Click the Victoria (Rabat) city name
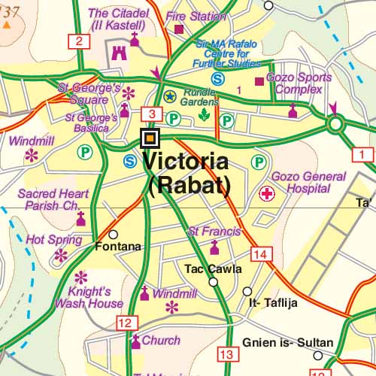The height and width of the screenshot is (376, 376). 185,172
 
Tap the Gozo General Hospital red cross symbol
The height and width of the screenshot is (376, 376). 266,195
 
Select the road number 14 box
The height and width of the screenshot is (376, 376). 261,255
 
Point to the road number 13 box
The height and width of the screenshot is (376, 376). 226,353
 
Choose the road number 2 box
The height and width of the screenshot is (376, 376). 77,41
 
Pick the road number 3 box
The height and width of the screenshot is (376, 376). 151,114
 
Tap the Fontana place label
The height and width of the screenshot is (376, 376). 118,247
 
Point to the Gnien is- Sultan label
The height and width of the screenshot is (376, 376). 287,343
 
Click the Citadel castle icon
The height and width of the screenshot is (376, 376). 118,52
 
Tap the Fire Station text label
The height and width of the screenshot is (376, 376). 196,16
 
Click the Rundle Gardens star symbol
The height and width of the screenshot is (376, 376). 170,96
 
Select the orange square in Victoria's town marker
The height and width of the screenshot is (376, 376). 150,138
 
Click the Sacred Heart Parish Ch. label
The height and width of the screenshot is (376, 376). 49,199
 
